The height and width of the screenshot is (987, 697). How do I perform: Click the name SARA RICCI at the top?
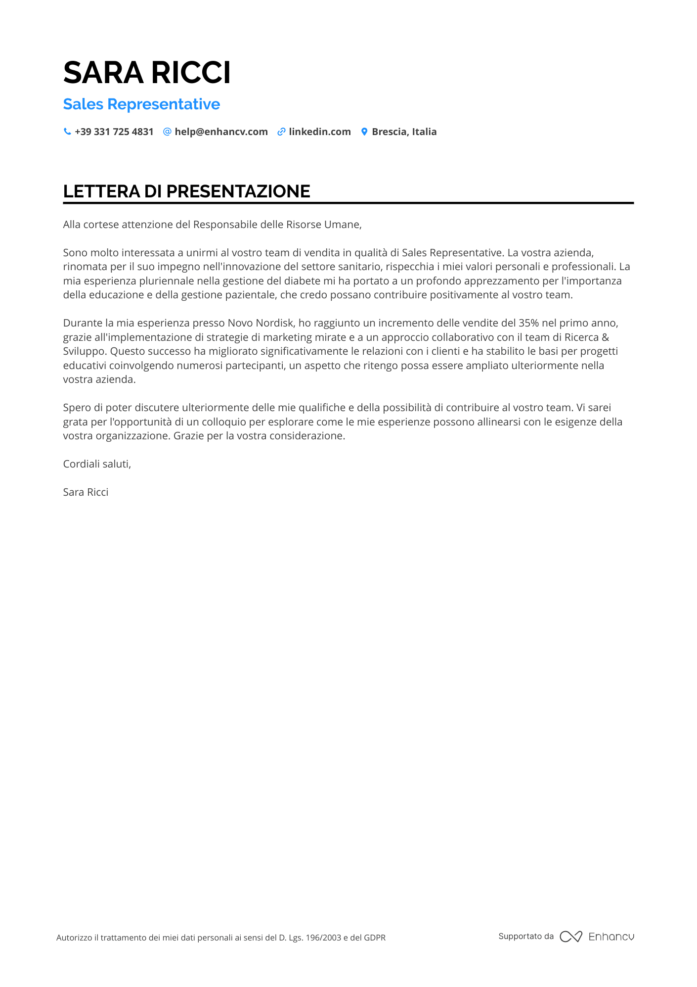click(x=147, y=73)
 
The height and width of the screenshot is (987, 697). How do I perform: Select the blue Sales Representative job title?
click(x=141, y=104)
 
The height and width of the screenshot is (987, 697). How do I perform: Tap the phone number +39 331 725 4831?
click(x=114, y=132)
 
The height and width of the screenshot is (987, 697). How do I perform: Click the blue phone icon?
click(x=67, y=132)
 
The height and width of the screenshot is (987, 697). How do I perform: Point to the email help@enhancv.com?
click(x=221, y=132)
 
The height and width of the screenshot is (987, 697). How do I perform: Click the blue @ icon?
click(x=167, y=132)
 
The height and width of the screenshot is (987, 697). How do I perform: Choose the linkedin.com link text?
click(x=319, y=132)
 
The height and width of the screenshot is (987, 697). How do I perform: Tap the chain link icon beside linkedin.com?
click(x=281, y=132)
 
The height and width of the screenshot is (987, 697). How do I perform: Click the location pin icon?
click(x=364, y=132)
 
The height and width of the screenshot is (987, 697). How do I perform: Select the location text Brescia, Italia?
click(x=404, y=132)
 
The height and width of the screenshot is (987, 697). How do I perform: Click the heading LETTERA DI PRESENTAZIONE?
click(x=186, y=191)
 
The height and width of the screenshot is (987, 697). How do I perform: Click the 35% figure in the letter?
click(x=528, y=323)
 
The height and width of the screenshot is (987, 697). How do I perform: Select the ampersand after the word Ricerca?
click(x=606, y=337)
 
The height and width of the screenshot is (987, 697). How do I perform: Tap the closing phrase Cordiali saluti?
click(x=97, y=464)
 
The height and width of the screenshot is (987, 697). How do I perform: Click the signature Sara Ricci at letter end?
click(x=86, y=492)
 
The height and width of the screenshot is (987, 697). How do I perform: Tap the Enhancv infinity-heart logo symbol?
click(x=570, y=937)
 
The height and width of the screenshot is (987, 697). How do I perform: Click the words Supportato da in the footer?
click(x=526, y=936)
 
